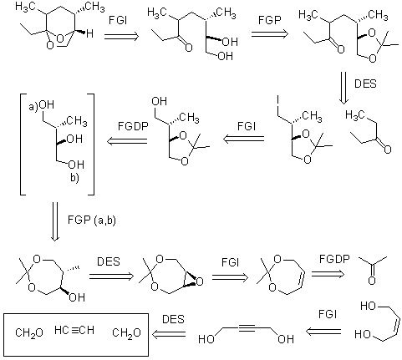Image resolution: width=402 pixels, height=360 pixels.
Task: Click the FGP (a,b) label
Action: tap(91, 221)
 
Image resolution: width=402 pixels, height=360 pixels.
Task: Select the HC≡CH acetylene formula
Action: tap(74, 330)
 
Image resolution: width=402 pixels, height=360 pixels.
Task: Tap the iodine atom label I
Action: tap(278, 100)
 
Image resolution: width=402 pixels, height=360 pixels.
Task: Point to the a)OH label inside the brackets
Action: tap(42, 105)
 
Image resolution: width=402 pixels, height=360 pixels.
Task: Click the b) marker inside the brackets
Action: tap(74, 178)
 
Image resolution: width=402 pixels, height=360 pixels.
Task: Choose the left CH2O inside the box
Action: tap(29, 332)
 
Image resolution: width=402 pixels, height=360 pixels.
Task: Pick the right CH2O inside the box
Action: tap(126, 332)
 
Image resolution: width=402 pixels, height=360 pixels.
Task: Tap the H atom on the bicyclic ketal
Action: tap(89, 34)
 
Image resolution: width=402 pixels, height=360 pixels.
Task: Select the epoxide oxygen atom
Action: tap(200, 282)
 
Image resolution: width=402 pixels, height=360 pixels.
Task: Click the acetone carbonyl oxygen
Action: tap(372, 280)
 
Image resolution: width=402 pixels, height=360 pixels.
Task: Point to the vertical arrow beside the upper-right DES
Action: tap(343, 88)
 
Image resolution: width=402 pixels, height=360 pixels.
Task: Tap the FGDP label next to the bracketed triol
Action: tap(133, 126)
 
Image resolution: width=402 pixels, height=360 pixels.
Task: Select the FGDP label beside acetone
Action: tap(334, 259)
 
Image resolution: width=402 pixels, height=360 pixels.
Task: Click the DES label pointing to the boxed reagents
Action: tap(173, 319)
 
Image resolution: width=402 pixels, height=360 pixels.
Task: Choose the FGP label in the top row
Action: tap(270, 20)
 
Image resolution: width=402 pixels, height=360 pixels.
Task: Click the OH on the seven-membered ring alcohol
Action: tap(77, 297)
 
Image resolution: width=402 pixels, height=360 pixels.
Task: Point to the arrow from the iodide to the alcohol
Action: tap(244, 139)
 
